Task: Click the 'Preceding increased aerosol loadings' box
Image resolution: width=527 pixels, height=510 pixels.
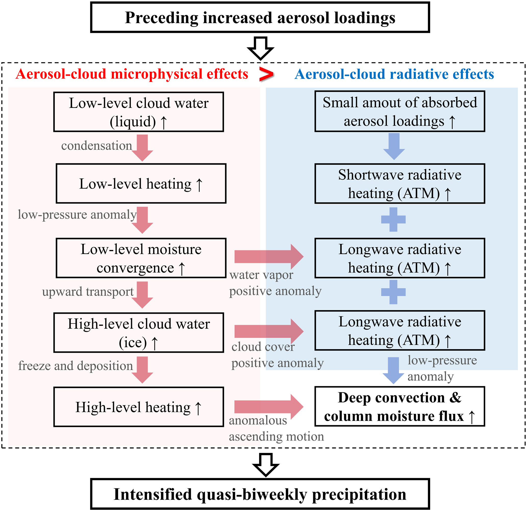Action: point(260,18)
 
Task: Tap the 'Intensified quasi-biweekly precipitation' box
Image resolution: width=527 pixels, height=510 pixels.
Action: point(260,494)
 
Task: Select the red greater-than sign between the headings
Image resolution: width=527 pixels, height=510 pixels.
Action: point(266,74)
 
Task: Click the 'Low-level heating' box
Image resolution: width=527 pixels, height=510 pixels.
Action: point(141,184)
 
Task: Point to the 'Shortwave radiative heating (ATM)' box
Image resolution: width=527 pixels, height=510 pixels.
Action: point(400,184)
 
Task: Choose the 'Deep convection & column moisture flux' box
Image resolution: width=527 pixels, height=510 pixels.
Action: point(400,407)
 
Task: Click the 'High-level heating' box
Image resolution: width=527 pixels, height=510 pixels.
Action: point(138,407)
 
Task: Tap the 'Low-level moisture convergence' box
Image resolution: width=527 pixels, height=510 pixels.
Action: point(141,258)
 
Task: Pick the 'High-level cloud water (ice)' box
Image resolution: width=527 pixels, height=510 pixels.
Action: point(138,333)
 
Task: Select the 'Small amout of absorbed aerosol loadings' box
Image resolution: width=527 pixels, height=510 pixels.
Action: point(400,111)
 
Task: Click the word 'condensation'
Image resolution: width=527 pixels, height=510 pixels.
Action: point(97,146)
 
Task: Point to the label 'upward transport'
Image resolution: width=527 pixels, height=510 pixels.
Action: point(88,291)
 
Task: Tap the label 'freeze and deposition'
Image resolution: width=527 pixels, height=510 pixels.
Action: point(75,366)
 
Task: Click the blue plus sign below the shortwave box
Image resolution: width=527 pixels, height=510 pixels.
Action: point(393,219)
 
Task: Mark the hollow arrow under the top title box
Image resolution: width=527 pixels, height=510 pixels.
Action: point(260,48)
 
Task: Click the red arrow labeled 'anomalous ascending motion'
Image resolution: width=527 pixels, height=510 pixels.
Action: point(269,407)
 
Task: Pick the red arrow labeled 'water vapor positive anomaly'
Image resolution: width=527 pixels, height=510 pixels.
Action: point(269,256)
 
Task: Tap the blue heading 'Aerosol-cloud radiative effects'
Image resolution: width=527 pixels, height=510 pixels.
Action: point(394,74)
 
